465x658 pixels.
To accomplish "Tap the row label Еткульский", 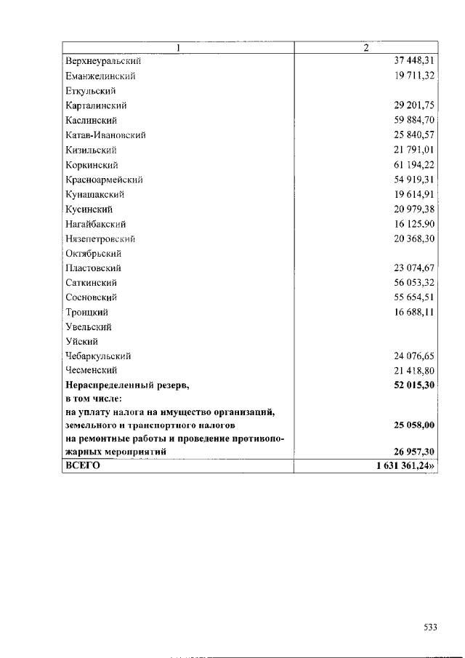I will [91, 91].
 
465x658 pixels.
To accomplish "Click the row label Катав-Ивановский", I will [105, 135].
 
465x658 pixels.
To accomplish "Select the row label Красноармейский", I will [103, 180].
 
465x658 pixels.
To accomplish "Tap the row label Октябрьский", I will [93, 254].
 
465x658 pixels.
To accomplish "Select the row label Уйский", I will [81, 342].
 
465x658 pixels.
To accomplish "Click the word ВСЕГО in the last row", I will [83, 467].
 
